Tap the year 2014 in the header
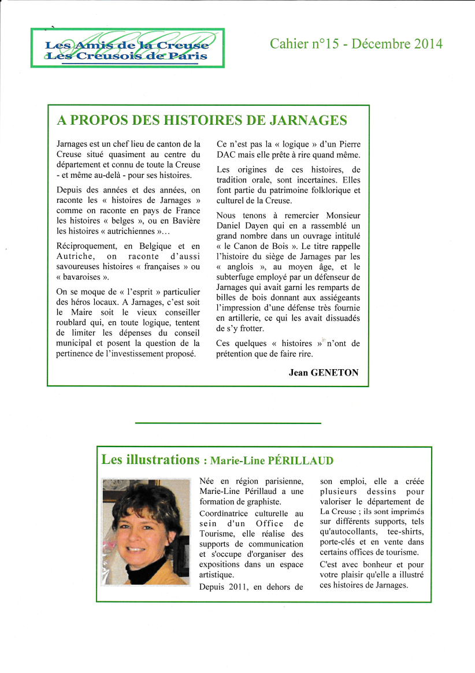tap(428, 44)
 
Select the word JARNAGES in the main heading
tap(306, 120)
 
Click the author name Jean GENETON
tap(324, 373)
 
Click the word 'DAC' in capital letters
tap(227, 155)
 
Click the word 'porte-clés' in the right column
tap(339, 542)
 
